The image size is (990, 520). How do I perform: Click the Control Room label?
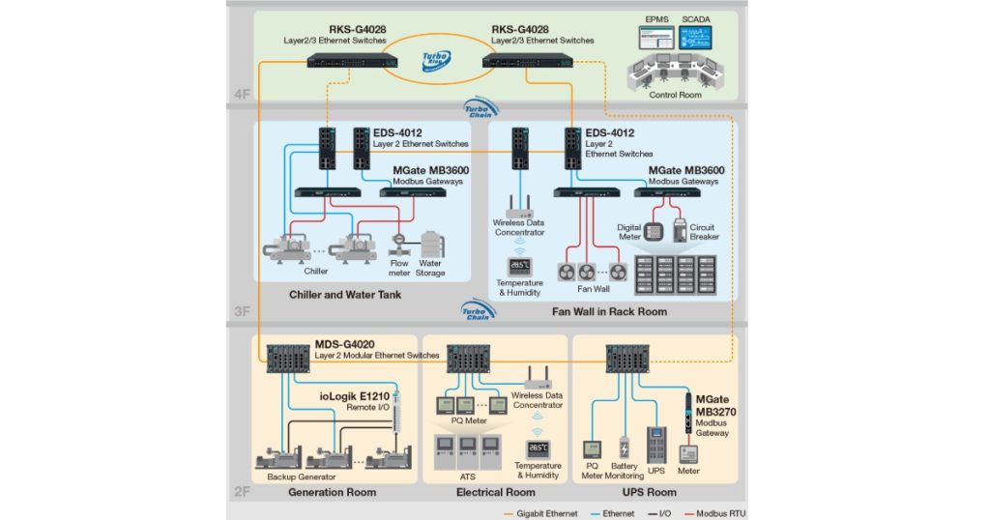tap(676, 95)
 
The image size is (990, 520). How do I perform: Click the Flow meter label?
tap(398, 268)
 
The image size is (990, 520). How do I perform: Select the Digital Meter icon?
tap(655, 233)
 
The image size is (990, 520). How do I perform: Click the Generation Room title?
tap(332, 493)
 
